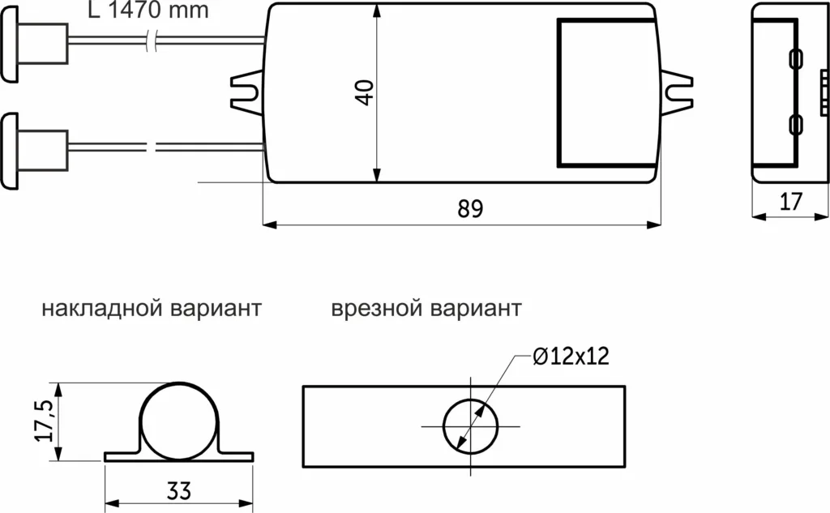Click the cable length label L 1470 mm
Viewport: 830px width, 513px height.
pyautogui.click(x=148, y=11)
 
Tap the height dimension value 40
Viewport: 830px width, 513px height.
pyautogui.click(x=365, y=92)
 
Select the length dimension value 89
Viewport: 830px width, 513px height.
pyautogui.click(x=469, y=209)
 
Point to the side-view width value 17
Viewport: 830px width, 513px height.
pyautogui.click(x=791, y=202)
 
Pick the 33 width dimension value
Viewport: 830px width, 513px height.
pyautogui.click(x=178, y=491)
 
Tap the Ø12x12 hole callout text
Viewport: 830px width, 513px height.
pyautogui.click(x=571, y=357)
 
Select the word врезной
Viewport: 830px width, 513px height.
pyautogui.click(x=378, y=310)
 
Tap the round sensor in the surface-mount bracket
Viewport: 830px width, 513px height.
pyautogui.click(x=178, y=421)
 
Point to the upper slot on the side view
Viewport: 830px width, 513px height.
pyautogui.click(x=795, y=58)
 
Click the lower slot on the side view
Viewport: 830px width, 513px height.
pyautogui.click(x=795, y=125)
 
